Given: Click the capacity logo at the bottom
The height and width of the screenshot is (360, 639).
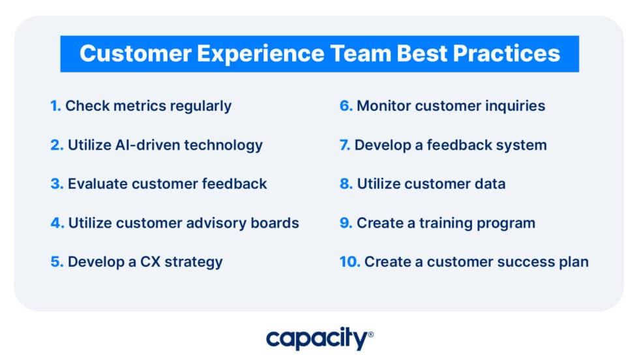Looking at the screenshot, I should (x=319, y=338).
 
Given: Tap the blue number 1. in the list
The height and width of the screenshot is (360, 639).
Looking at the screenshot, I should (x=55, y=106).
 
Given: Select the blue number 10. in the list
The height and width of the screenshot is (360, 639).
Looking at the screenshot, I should (x=349, y=262).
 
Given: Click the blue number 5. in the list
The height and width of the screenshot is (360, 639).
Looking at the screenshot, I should (x=56, y=262).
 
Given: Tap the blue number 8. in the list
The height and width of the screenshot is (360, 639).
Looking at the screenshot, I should (x=346, y=184).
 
